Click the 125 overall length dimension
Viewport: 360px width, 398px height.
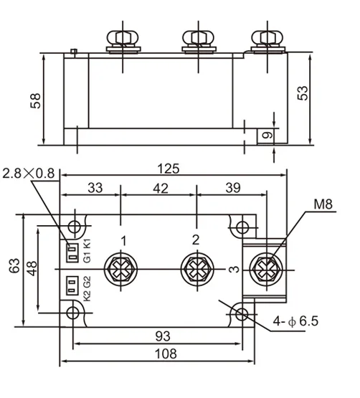coord(169,169)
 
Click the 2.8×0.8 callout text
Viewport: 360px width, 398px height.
coord(28,173)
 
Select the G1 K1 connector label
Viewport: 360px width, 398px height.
coord(86,250)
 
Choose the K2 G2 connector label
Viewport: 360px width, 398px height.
coord(86,286)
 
